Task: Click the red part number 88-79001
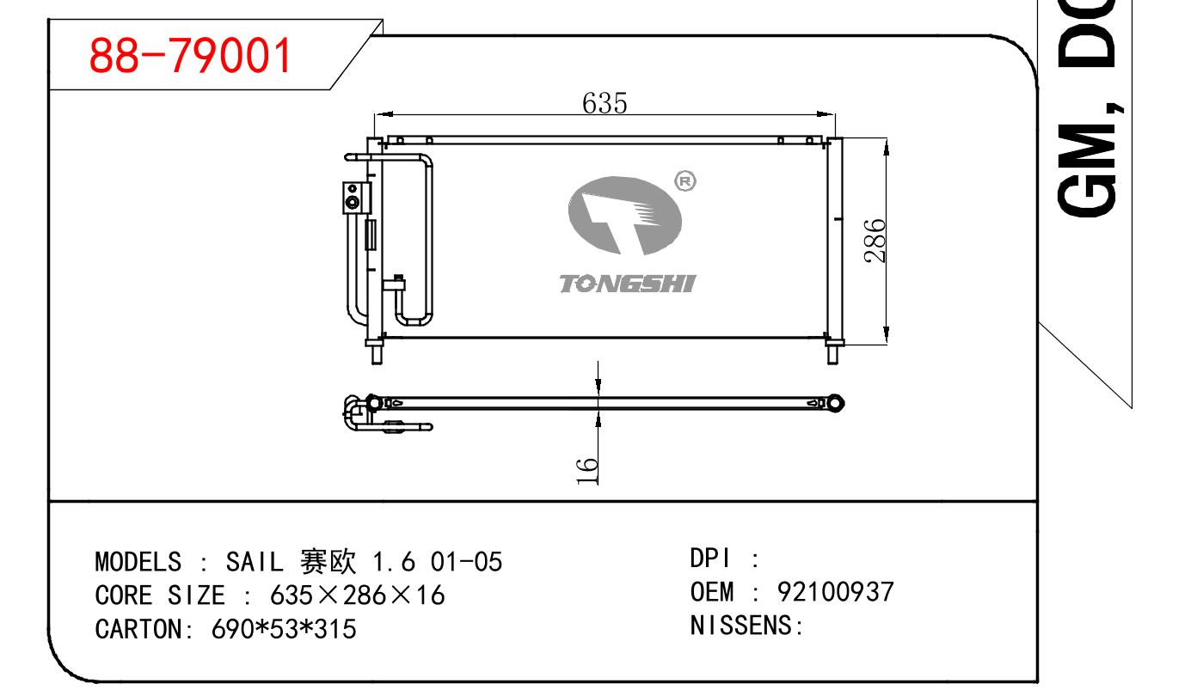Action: pyautogui.click(x=190, y=55)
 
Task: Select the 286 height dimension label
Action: pyautogui.click(x=875, y=241)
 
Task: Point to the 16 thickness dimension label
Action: pyautogui.click(x=587, y=471)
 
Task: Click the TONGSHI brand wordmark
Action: pyautogui.click(x=627, y=284)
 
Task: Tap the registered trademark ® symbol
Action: pyautogui.click(x=684, y=181)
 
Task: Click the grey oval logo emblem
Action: pyautogui.click(x=624, y=215)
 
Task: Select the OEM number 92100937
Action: pyautogui.click(x=835, y=592)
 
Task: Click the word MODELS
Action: pyautogui.click(x=138, y=562)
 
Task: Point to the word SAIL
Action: pyautogui.click(x=254, y=562)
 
